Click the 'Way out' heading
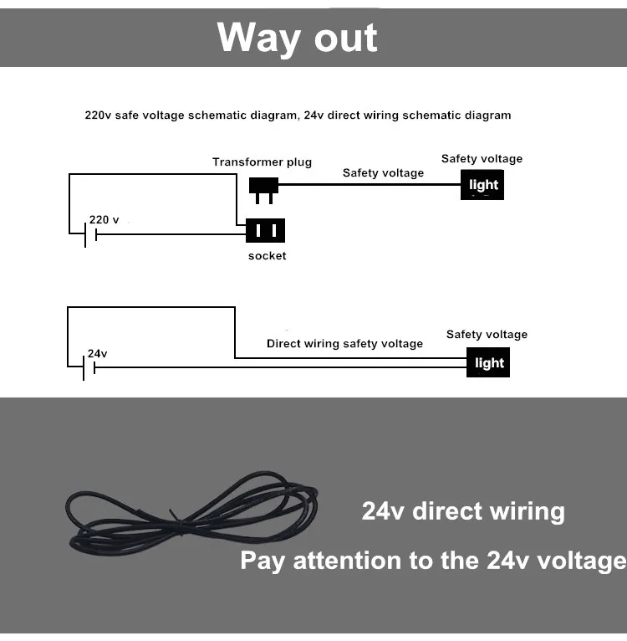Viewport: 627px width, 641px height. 297,38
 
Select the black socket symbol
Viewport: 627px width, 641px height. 266,230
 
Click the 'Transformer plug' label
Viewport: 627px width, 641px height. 262,162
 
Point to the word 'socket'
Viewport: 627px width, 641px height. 267,256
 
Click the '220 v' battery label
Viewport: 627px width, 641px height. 104,220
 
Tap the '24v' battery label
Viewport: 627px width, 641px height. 98,354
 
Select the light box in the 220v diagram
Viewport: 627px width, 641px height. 482,185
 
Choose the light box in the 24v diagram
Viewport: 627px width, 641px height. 488,362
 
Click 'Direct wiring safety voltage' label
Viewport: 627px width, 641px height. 344,344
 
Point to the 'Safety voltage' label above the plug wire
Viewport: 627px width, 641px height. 383,173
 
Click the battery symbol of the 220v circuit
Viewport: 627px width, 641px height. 90,235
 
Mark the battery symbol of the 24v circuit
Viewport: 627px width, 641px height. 89,367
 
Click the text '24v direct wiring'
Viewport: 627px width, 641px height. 462,511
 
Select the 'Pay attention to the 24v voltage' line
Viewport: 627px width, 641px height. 432,561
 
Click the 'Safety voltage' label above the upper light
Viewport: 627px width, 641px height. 482,159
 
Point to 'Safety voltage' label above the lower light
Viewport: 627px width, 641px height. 487,335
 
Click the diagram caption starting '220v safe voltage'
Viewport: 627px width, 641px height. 298,115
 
